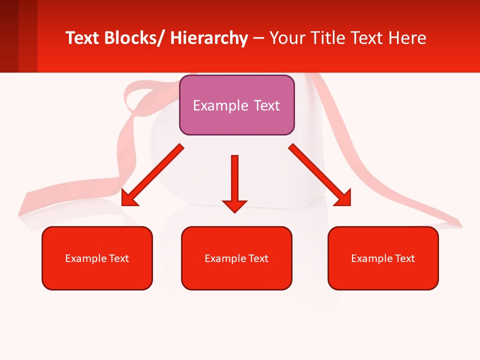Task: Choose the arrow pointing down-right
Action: [319, 174]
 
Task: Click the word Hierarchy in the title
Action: [209, 38]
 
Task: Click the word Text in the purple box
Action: [266, 105]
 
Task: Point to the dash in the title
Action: [258, 38]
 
